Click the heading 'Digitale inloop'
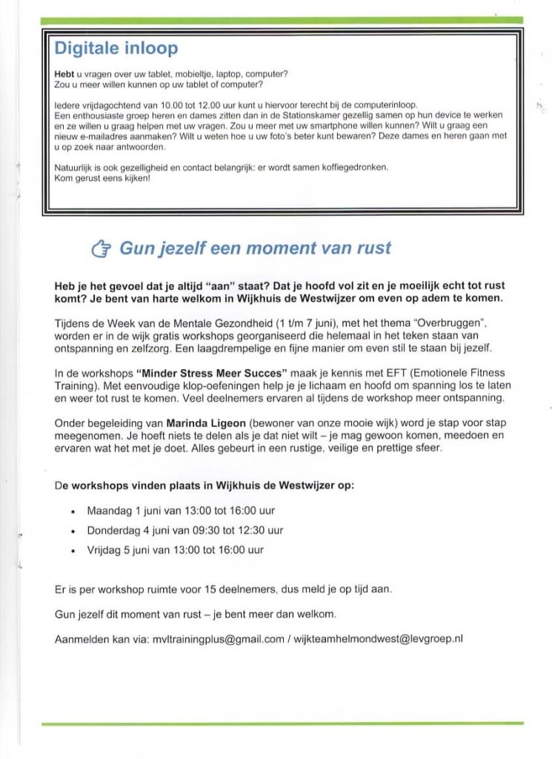point(116,49)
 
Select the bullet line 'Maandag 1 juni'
point(176,511)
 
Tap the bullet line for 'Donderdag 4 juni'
point(185,531)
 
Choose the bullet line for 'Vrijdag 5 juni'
point(176,550)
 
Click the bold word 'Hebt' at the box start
point(64,76)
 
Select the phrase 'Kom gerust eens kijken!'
point(102,177)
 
